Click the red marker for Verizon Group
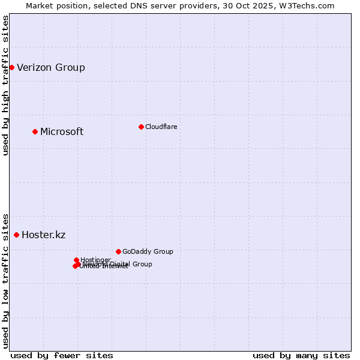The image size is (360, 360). (x=11, y=67)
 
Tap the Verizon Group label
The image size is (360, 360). (x=51, y=67)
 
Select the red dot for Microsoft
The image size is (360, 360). (x=35, y=131)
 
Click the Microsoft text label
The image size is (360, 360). (x=62, y=131)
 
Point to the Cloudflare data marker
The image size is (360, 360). (x=141, y=127)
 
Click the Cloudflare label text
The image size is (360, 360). (x=161, y=127)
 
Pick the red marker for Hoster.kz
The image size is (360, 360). (x=16, y=235)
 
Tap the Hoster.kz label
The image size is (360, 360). (x=43, y=235)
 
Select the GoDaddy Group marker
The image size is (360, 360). (x=118, y=251)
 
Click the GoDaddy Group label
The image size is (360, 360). (x=148, y=251)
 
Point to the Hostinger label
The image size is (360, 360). (x=95, y=260)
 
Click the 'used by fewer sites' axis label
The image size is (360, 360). (x=62, y=355)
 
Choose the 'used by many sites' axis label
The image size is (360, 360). (x=301, y=355)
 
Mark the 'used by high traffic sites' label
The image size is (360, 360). (x=5, y=85)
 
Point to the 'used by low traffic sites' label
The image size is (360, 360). (x=5, y=280)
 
